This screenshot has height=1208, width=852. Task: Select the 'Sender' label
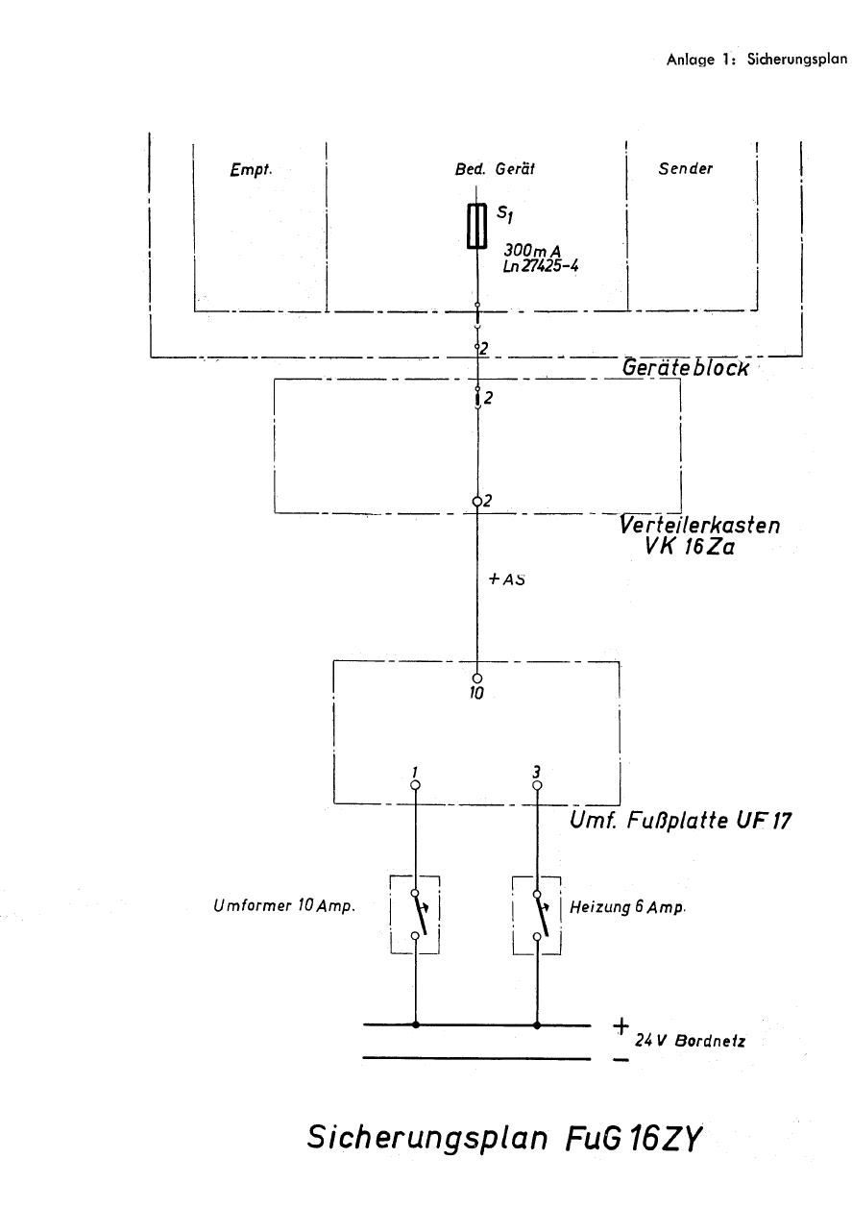point(686,168)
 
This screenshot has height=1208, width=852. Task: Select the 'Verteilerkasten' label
point(699,528)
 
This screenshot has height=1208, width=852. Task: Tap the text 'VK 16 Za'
point(690,551)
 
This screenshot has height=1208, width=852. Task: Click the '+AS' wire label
point(505,579)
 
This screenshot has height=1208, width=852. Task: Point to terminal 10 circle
point(476,678)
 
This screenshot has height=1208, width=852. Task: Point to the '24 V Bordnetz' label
point(689,1040)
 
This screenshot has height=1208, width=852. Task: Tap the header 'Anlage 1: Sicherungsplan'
point(756,59)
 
